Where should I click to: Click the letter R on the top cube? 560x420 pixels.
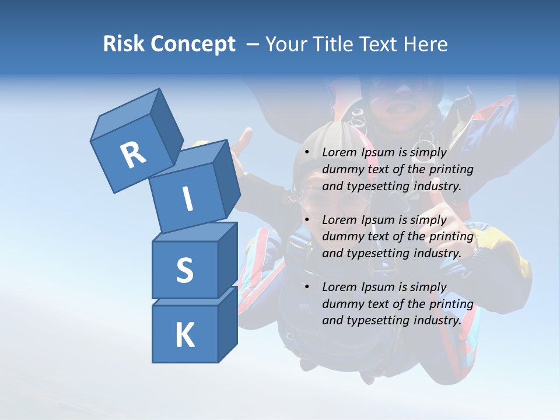pos(133,155)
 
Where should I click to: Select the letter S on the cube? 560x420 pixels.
pos(184,270)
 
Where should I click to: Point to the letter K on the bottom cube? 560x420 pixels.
pos(184,335)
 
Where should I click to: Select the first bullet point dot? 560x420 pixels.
pos(307,153)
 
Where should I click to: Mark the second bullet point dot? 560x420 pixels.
pos(307,220)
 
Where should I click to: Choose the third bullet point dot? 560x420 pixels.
pos(307,288)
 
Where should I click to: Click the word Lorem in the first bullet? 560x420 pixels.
pos(339,153)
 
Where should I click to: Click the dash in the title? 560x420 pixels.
pos(253,44)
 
